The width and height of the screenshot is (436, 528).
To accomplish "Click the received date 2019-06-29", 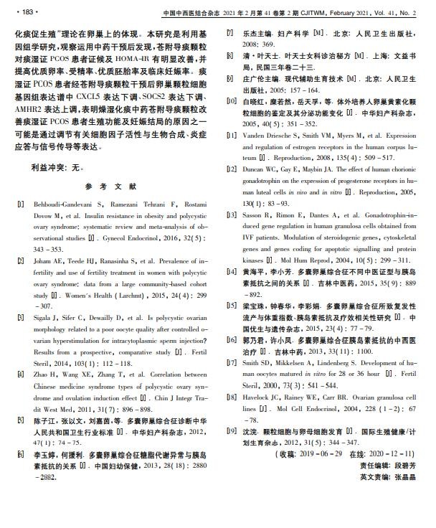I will pyautogui.click(x=318, y=455).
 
